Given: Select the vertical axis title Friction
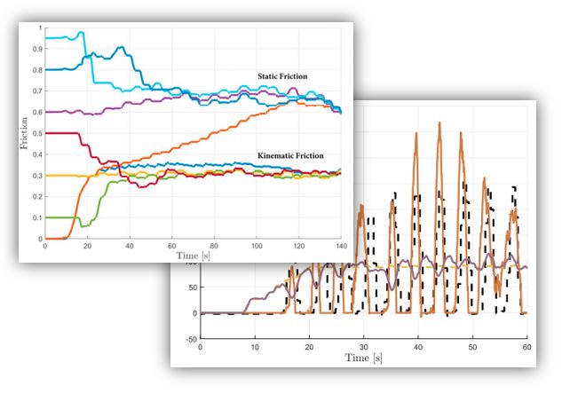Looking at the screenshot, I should [24, 132].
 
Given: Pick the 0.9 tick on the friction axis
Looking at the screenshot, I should [39, 49].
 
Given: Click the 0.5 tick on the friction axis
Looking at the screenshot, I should [39, 133].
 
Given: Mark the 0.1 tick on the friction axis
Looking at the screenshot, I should [39, 217].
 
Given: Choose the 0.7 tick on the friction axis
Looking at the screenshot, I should [39, 91].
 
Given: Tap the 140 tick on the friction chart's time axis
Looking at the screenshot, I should [340, 247].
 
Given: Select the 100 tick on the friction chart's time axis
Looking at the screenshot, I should [256, 247].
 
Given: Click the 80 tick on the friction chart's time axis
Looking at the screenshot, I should [214, 247].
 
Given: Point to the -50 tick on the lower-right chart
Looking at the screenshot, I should [189, 339].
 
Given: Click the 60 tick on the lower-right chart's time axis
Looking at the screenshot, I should [527, 346].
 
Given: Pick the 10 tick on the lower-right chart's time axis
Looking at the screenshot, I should [255, 346].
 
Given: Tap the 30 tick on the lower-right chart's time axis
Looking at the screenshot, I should [364, 346].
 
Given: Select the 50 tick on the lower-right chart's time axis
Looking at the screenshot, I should [473, 346].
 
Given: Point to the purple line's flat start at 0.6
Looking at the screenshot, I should [58, 112].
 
